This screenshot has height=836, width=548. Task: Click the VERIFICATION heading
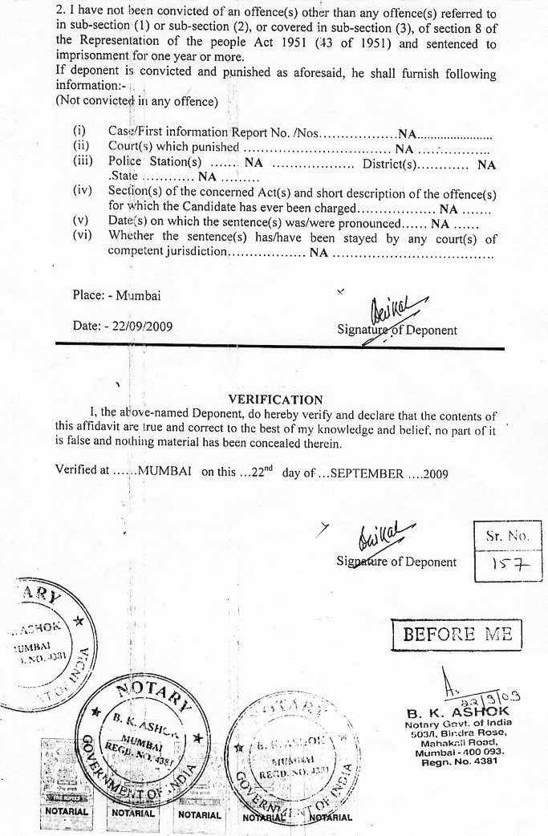pyautogui.click(x=275, y=400)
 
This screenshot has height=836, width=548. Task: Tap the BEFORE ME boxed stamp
pyautogui.click(x=457, y=635)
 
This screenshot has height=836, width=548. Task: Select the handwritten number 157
pyautogui.click(x=508, y=565)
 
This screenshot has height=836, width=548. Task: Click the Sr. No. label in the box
pyautogui.click(x=508, y=535)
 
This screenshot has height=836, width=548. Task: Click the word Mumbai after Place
pyautogui.click(x=138, y=295)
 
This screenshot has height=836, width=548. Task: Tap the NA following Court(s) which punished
pyautogui.click(x=404, y=148)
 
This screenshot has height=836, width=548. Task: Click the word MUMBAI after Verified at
pyautogui.click(x=164, y=473)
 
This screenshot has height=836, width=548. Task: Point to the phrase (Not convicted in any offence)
pyautogui.click(x=136, y=101)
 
